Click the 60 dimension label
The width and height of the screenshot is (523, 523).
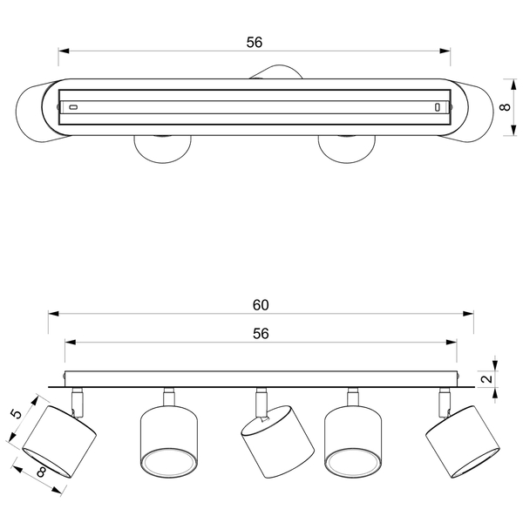click(261, 305)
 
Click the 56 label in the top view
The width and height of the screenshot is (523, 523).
click(255, 43)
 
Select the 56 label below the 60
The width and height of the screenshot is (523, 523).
click(261, 334)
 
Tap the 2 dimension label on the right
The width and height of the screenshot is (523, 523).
click(487, 378)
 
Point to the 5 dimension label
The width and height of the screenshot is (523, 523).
click(16, 414)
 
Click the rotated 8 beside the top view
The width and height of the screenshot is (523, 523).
click(506, 107)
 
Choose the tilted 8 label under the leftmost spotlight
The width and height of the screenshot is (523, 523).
click(41, 472)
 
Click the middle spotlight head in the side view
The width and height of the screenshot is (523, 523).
click(277, 442)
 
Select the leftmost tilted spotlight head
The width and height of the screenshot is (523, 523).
click(59, 442)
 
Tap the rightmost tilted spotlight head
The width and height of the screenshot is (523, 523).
click(463, 442)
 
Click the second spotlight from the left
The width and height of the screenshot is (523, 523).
click(169, 442)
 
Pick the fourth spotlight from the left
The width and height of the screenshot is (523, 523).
click(353, 442)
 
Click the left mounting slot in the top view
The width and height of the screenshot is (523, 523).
click(73, 107)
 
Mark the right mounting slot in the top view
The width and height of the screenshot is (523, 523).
click(438, 107)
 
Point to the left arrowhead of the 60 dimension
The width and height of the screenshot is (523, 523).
click(53, 314)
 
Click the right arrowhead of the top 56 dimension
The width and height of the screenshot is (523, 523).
click(445, 51)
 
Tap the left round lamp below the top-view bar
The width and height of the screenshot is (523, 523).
click(163, 149)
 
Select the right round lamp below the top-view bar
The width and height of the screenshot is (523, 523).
click(347, 149)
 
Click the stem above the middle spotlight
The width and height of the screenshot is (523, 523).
click(261, 402)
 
